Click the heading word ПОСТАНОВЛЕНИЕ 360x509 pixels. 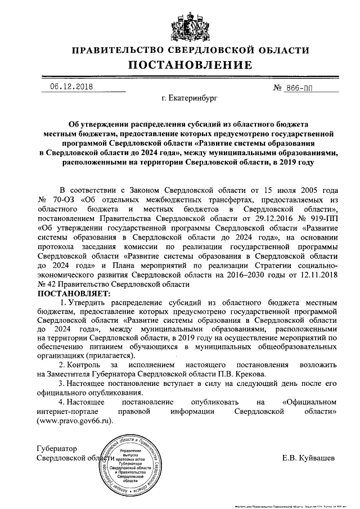[x=181, y=65]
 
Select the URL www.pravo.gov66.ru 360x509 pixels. [x=74, y=420]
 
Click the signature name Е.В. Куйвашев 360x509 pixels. [x=309, y=457]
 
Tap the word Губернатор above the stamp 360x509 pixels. [x=56, y=448]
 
